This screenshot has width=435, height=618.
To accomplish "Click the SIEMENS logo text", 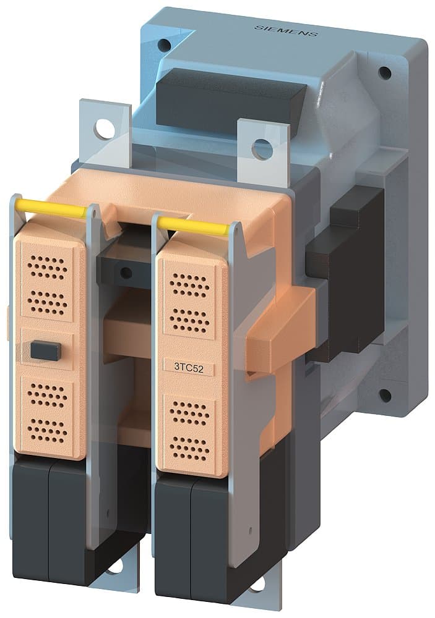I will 286,30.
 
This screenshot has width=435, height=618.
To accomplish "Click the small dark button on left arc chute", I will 45,351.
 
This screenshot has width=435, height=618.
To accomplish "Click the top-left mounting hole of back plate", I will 164,45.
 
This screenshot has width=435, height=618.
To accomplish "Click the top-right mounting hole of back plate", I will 384,73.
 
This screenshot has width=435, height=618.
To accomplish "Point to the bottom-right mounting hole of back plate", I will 384,395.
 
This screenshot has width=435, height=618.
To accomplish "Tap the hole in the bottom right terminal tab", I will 257,583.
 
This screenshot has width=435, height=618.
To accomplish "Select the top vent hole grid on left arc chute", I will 48,268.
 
